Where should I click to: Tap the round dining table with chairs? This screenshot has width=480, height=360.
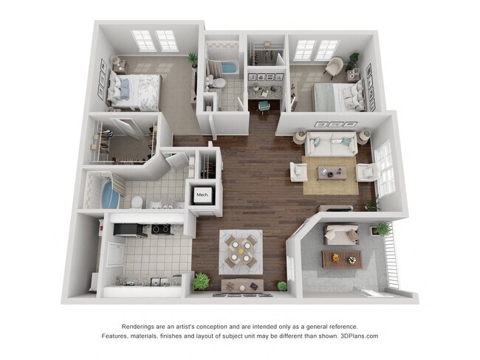240,248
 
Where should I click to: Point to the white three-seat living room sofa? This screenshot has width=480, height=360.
332,144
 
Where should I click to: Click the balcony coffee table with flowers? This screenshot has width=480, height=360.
341,258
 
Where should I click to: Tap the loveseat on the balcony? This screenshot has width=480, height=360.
340,235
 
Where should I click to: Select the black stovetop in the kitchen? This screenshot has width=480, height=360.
160,229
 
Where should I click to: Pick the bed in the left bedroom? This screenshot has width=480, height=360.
134,89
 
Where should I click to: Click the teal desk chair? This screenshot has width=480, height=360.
264,105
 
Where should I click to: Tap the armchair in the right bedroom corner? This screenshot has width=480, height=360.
333,66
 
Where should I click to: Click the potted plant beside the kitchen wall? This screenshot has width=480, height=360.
201,281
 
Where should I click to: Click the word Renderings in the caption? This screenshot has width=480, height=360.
141,326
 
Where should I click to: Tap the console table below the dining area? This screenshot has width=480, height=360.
241,285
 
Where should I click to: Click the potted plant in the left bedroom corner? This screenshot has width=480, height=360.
193,58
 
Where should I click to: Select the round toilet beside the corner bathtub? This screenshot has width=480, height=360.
137,201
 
